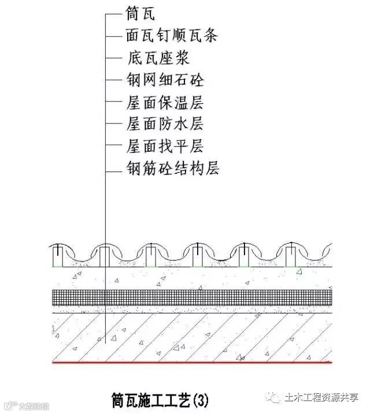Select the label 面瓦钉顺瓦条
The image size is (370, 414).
click(x=172, y=36)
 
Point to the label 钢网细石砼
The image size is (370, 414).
click(x=165, y=80)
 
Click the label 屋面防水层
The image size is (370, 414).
click(x=165, y=124)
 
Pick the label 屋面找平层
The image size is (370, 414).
click(x=165, y=146)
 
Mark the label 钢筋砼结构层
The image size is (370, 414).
click(x=172, y=169)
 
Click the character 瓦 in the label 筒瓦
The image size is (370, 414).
click(x=148, y=14)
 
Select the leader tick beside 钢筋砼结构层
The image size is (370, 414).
click(x=113, y=169)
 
